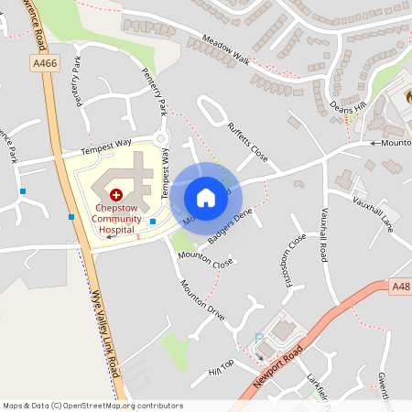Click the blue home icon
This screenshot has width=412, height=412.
(206, 198)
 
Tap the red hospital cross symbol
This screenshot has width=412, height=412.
(116, 195)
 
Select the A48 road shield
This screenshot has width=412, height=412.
(400, 287)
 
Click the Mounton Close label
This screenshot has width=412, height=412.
(205, 260)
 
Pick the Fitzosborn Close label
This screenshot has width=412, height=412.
(294, 260)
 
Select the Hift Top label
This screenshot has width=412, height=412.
(222, 367)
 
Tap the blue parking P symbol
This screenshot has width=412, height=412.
(259, 337)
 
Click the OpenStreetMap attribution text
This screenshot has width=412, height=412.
(92, 406)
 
